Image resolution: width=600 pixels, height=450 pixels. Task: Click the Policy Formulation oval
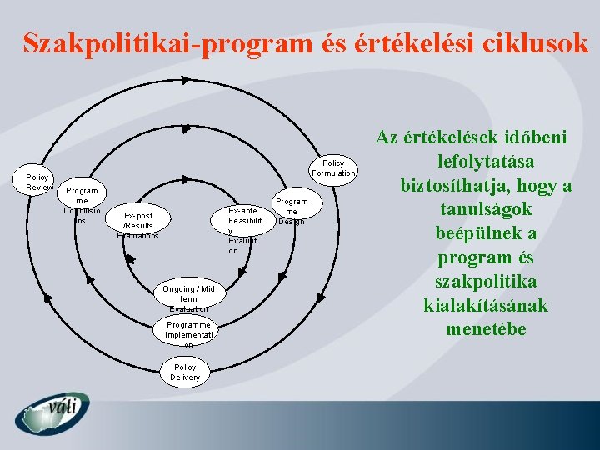333,167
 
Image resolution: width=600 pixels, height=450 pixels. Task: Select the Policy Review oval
37,182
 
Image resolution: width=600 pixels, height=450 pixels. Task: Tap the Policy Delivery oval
185,372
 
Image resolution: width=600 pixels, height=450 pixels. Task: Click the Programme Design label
292,211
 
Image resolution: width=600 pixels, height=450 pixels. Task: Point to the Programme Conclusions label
82,205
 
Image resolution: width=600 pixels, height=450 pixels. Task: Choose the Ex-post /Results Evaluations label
137,225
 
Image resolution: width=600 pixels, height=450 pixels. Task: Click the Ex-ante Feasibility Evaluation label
244,230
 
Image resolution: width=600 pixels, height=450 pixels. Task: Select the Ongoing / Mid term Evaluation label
184,298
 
